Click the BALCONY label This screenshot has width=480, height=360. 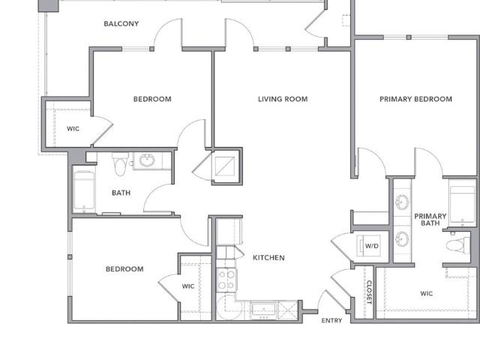point(121,23)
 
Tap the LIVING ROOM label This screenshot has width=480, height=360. point(283,99)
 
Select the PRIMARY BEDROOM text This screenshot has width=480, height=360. point(415,99)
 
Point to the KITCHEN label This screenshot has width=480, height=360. point(268,258)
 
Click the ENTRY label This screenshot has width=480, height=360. point(331,320)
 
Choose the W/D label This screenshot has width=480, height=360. point(372,246)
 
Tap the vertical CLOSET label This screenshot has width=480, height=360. point(369,292)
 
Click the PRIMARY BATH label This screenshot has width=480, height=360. point(430,220)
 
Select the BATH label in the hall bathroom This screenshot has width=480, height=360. point(121,193)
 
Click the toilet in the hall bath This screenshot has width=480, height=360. point(120,164)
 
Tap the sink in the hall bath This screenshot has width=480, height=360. point(147,160)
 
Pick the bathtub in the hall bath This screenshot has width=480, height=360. point(84,190)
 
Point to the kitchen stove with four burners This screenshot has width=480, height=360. point(226,280)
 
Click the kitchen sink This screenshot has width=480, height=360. point(263,310)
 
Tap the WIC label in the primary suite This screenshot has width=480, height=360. point(427,293)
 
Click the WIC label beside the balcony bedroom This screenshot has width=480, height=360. point(73,128)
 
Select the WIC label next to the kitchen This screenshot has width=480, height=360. point(188,286)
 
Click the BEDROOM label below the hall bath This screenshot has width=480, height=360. point(124,269)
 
